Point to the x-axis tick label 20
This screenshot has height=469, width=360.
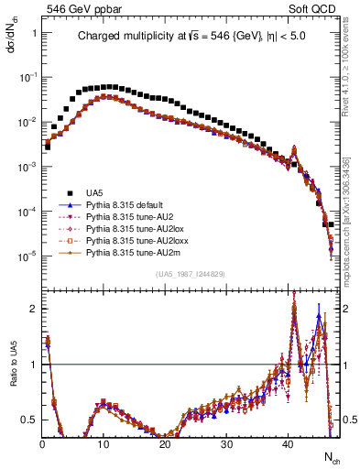pos(164,444)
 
